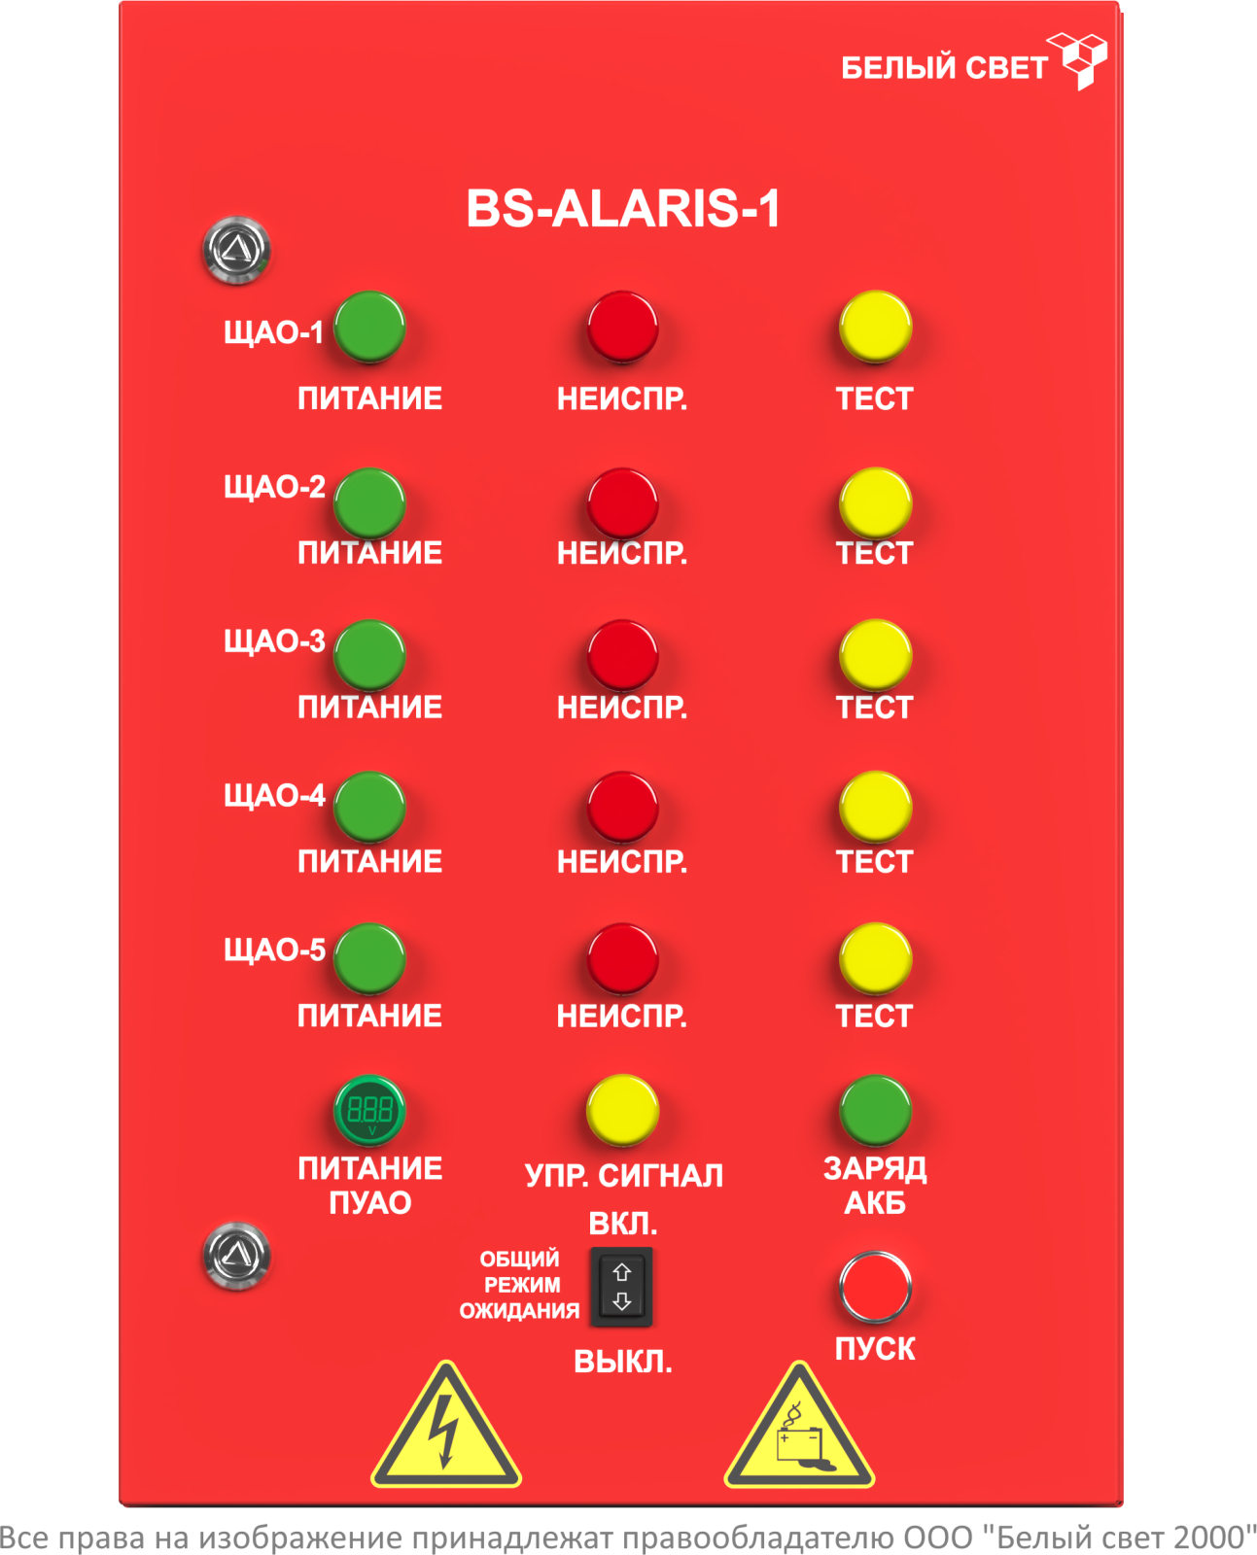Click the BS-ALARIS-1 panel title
622,209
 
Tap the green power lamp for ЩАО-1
369,328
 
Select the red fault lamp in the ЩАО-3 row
622,655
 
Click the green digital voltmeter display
369,1110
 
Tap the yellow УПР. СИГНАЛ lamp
622,1110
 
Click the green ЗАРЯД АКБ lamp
875,1110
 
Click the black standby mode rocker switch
622,1286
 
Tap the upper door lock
236,250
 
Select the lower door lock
236,1256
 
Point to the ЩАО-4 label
274,796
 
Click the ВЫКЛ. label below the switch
622,1362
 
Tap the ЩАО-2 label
274,487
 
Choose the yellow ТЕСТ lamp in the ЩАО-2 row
875,502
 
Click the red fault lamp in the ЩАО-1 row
622,327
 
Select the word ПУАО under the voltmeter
369,1203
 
